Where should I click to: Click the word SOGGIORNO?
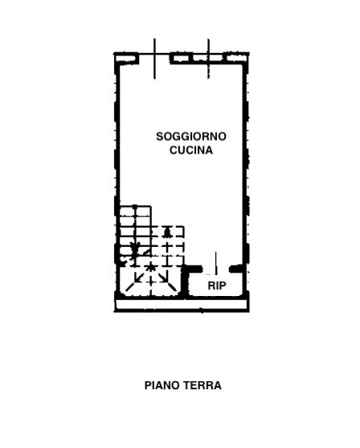191,137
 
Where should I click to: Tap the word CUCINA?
191,150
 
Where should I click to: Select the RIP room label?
217,286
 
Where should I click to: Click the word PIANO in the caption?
162,385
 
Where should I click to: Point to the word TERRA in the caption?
202,385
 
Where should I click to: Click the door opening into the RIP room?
216,269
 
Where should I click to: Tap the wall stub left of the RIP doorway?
193,269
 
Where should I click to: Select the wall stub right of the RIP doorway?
237,269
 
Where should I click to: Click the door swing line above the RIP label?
216,263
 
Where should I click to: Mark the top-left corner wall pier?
126,58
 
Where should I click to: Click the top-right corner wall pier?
237,58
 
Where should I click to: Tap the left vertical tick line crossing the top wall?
154,59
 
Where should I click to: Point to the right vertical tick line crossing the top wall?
208,59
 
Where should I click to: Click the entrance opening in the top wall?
154,58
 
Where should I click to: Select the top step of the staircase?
135,212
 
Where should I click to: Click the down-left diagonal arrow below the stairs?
139,277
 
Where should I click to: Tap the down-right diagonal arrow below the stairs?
163,277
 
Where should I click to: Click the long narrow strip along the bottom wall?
182,305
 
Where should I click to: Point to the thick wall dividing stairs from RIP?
186,283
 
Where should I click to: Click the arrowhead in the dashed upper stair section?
167,232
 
